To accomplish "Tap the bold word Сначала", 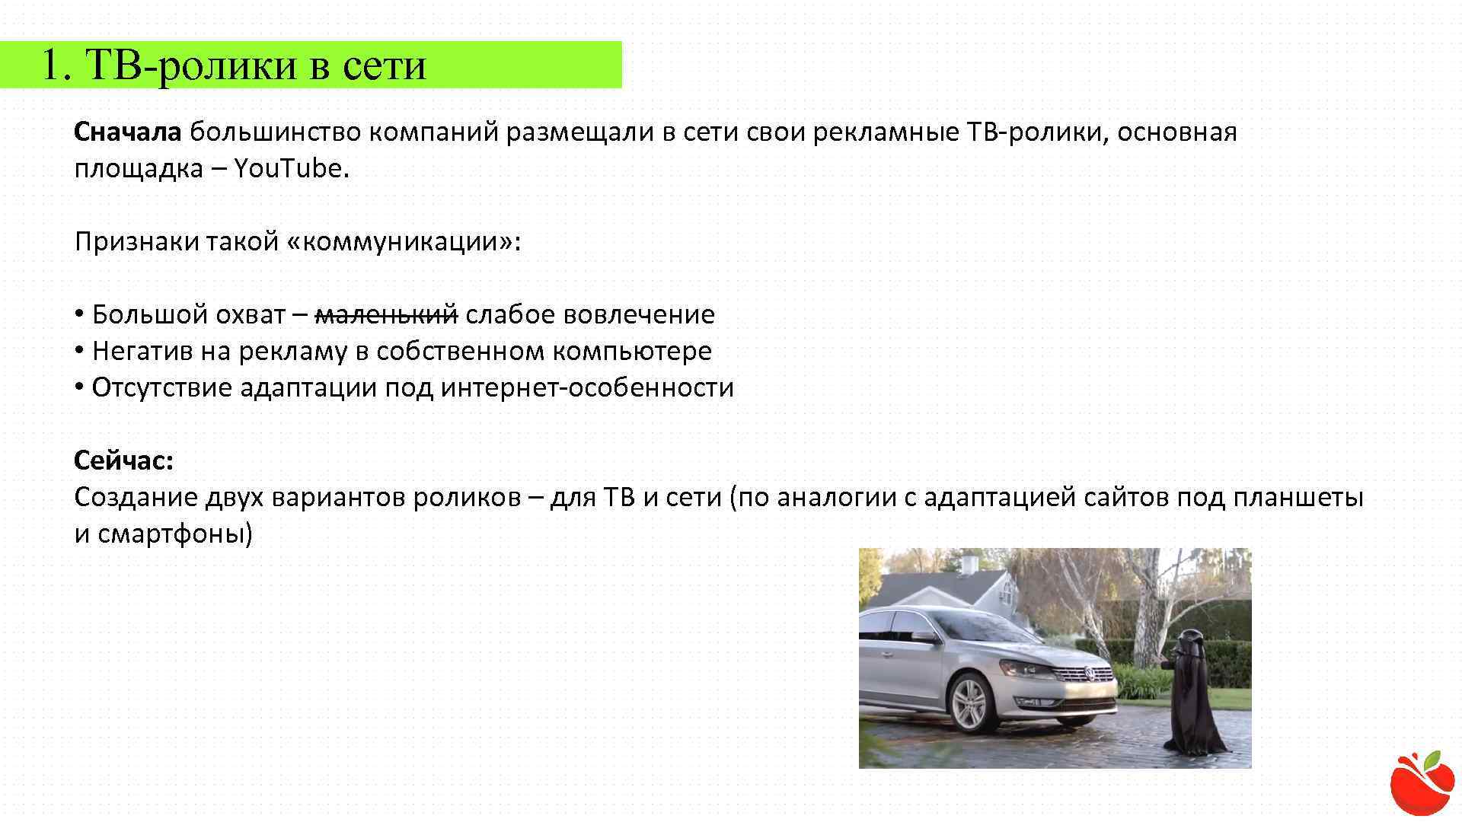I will click(127, 132).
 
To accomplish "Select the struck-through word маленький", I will click(386, 314).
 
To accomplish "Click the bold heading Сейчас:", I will click(124, 460).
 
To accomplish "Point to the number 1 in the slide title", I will click(50, 65).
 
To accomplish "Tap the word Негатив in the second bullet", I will click(142, 351).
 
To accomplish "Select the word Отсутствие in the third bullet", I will click(161, 387).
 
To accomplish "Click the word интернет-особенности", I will click(587, 387).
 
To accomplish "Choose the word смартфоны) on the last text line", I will click(174, 534).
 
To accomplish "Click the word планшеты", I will click(1298, 498).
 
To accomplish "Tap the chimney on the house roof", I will click(969, 564).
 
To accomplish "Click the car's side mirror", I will click(923, 636).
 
